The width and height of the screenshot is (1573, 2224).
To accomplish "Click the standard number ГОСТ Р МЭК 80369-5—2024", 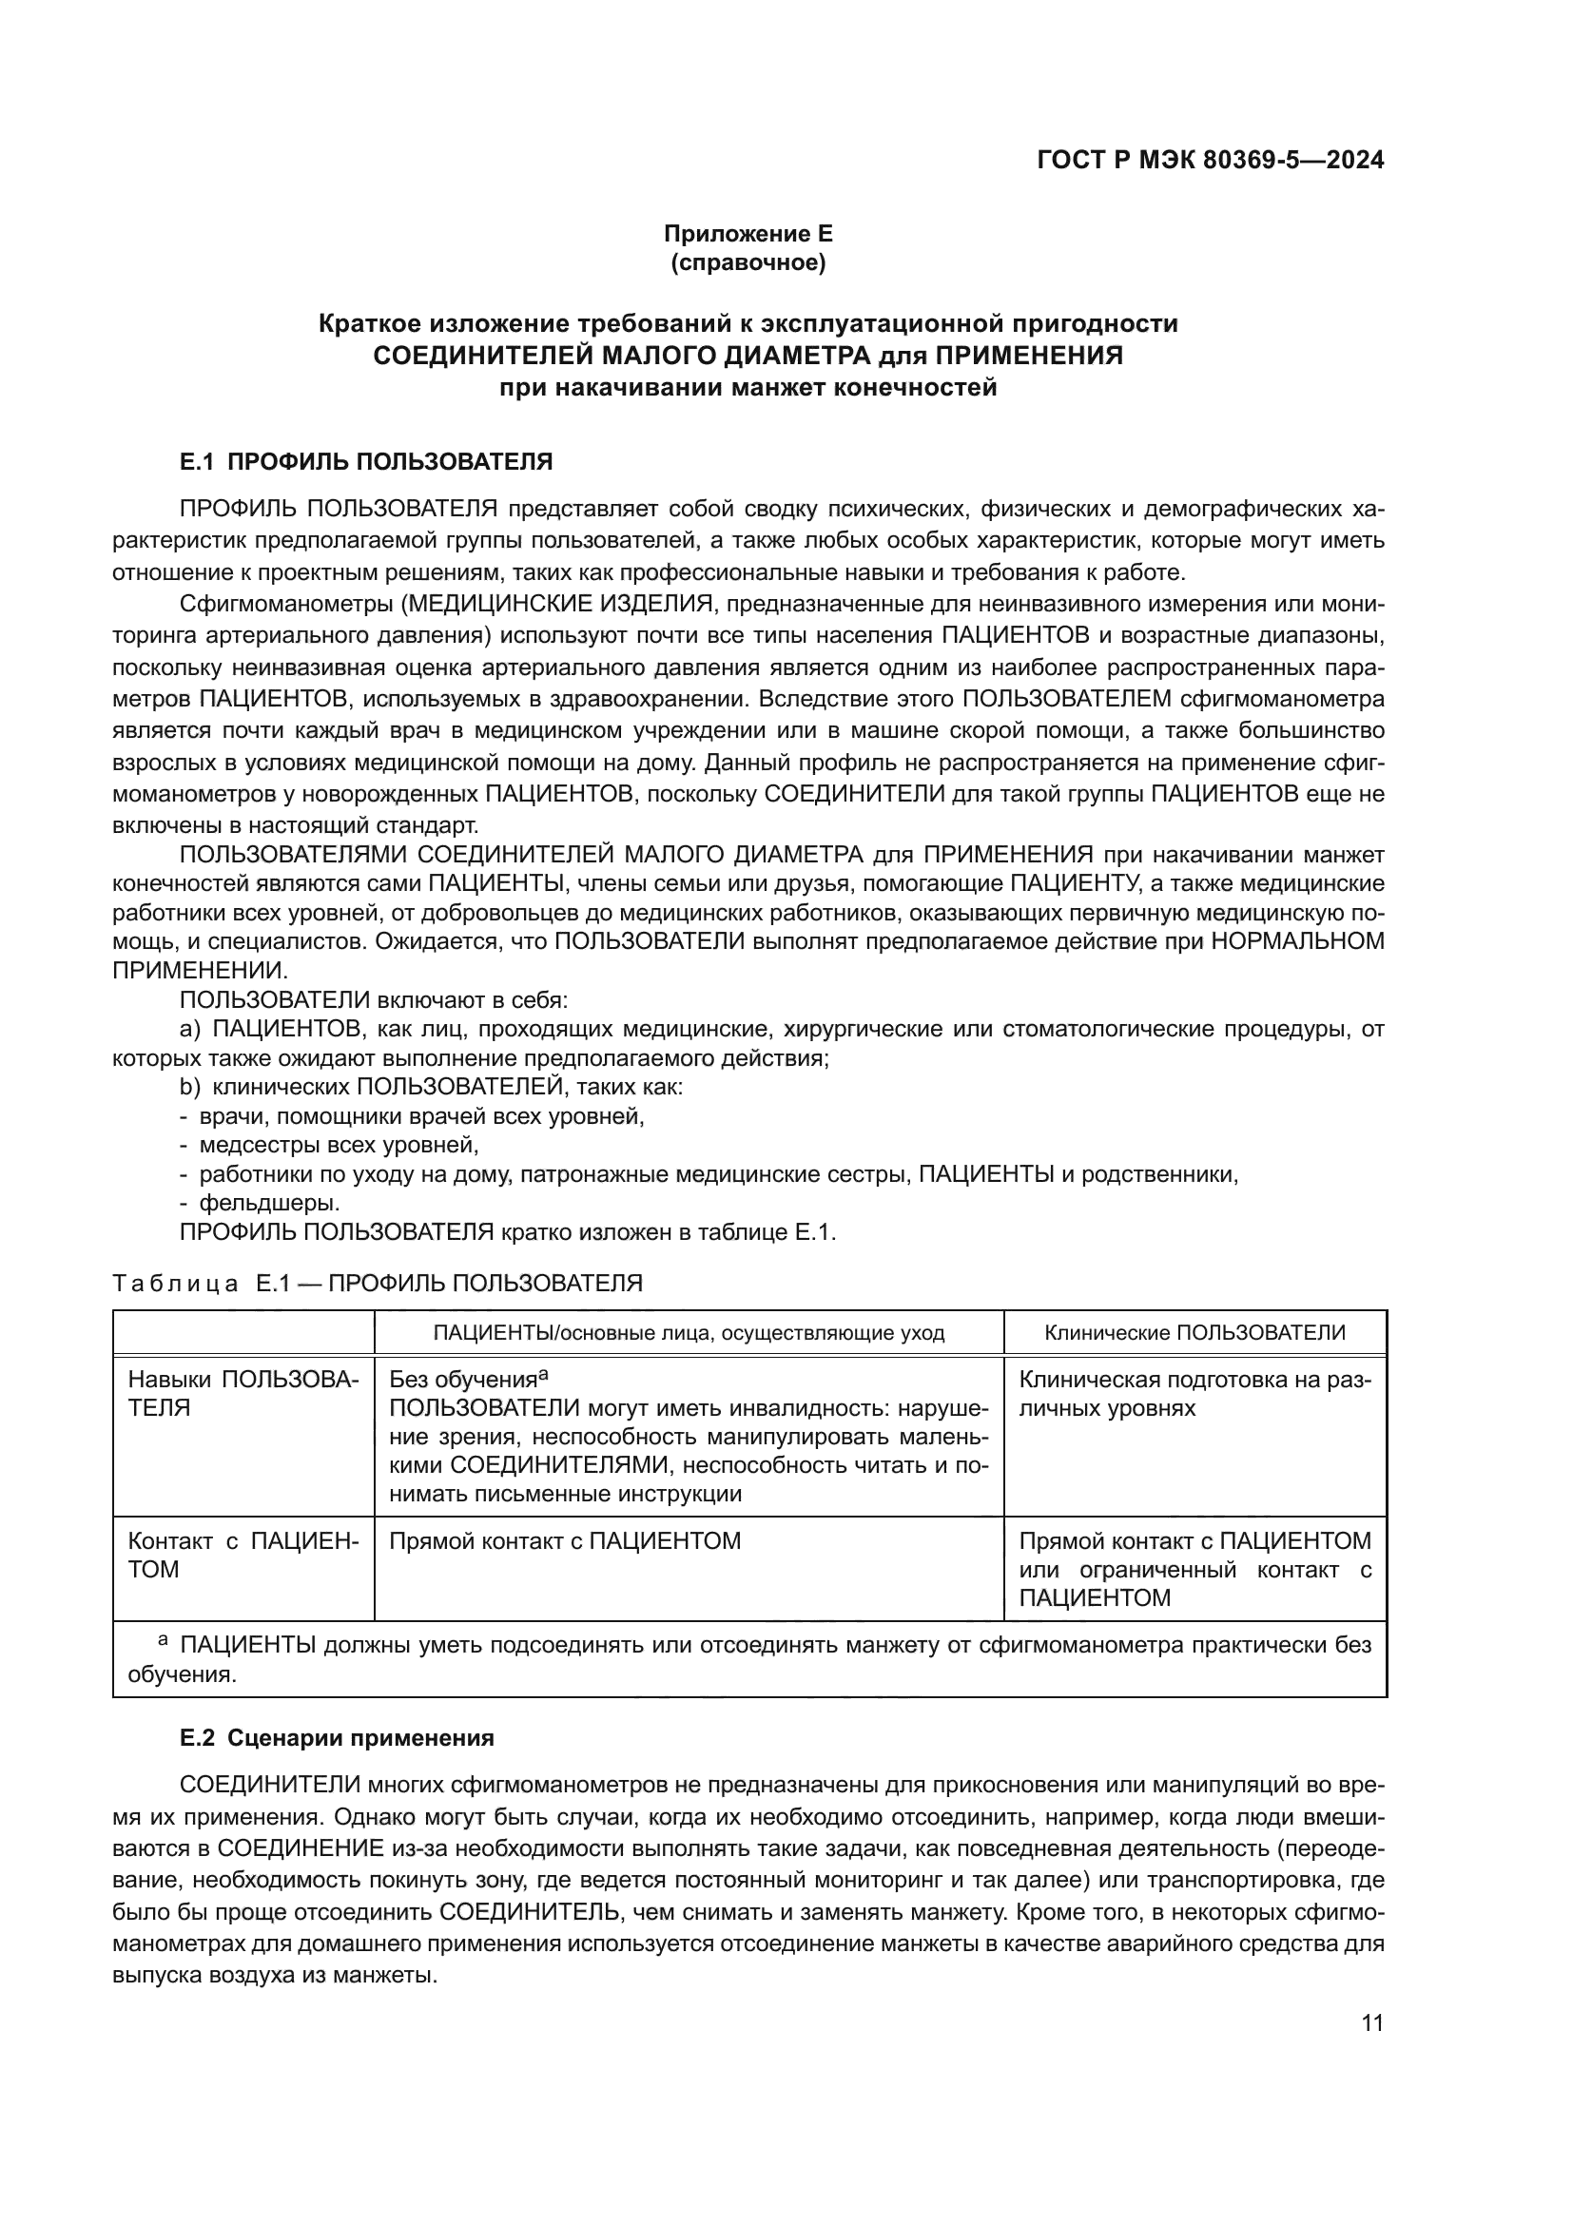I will click(1210, 160).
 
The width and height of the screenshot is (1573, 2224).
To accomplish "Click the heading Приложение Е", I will click(748, 234).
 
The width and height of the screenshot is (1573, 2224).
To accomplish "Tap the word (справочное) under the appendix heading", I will click(748, 262).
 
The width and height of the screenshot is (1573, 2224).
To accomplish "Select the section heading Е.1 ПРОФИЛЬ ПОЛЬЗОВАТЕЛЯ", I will click(366, 462).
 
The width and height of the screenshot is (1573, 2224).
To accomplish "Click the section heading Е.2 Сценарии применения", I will click(337, 1738).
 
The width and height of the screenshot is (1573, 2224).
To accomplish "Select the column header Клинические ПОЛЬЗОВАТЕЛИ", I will click(1194, 1332).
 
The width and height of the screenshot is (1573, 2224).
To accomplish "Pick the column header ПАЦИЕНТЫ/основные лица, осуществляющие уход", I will click(689, 1333).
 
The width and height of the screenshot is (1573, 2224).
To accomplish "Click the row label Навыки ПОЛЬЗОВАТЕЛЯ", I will click(243, 1394).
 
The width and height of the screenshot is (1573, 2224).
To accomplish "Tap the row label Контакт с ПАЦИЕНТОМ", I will click(243, 1555).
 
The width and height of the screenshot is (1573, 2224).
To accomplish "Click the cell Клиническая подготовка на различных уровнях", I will click(1194, 1394).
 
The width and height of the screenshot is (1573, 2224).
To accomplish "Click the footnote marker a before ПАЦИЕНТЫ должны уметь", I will click(163, 1639).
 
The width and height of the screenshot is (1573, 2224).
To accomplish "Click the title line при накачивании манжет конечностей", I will click(748, 389).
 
